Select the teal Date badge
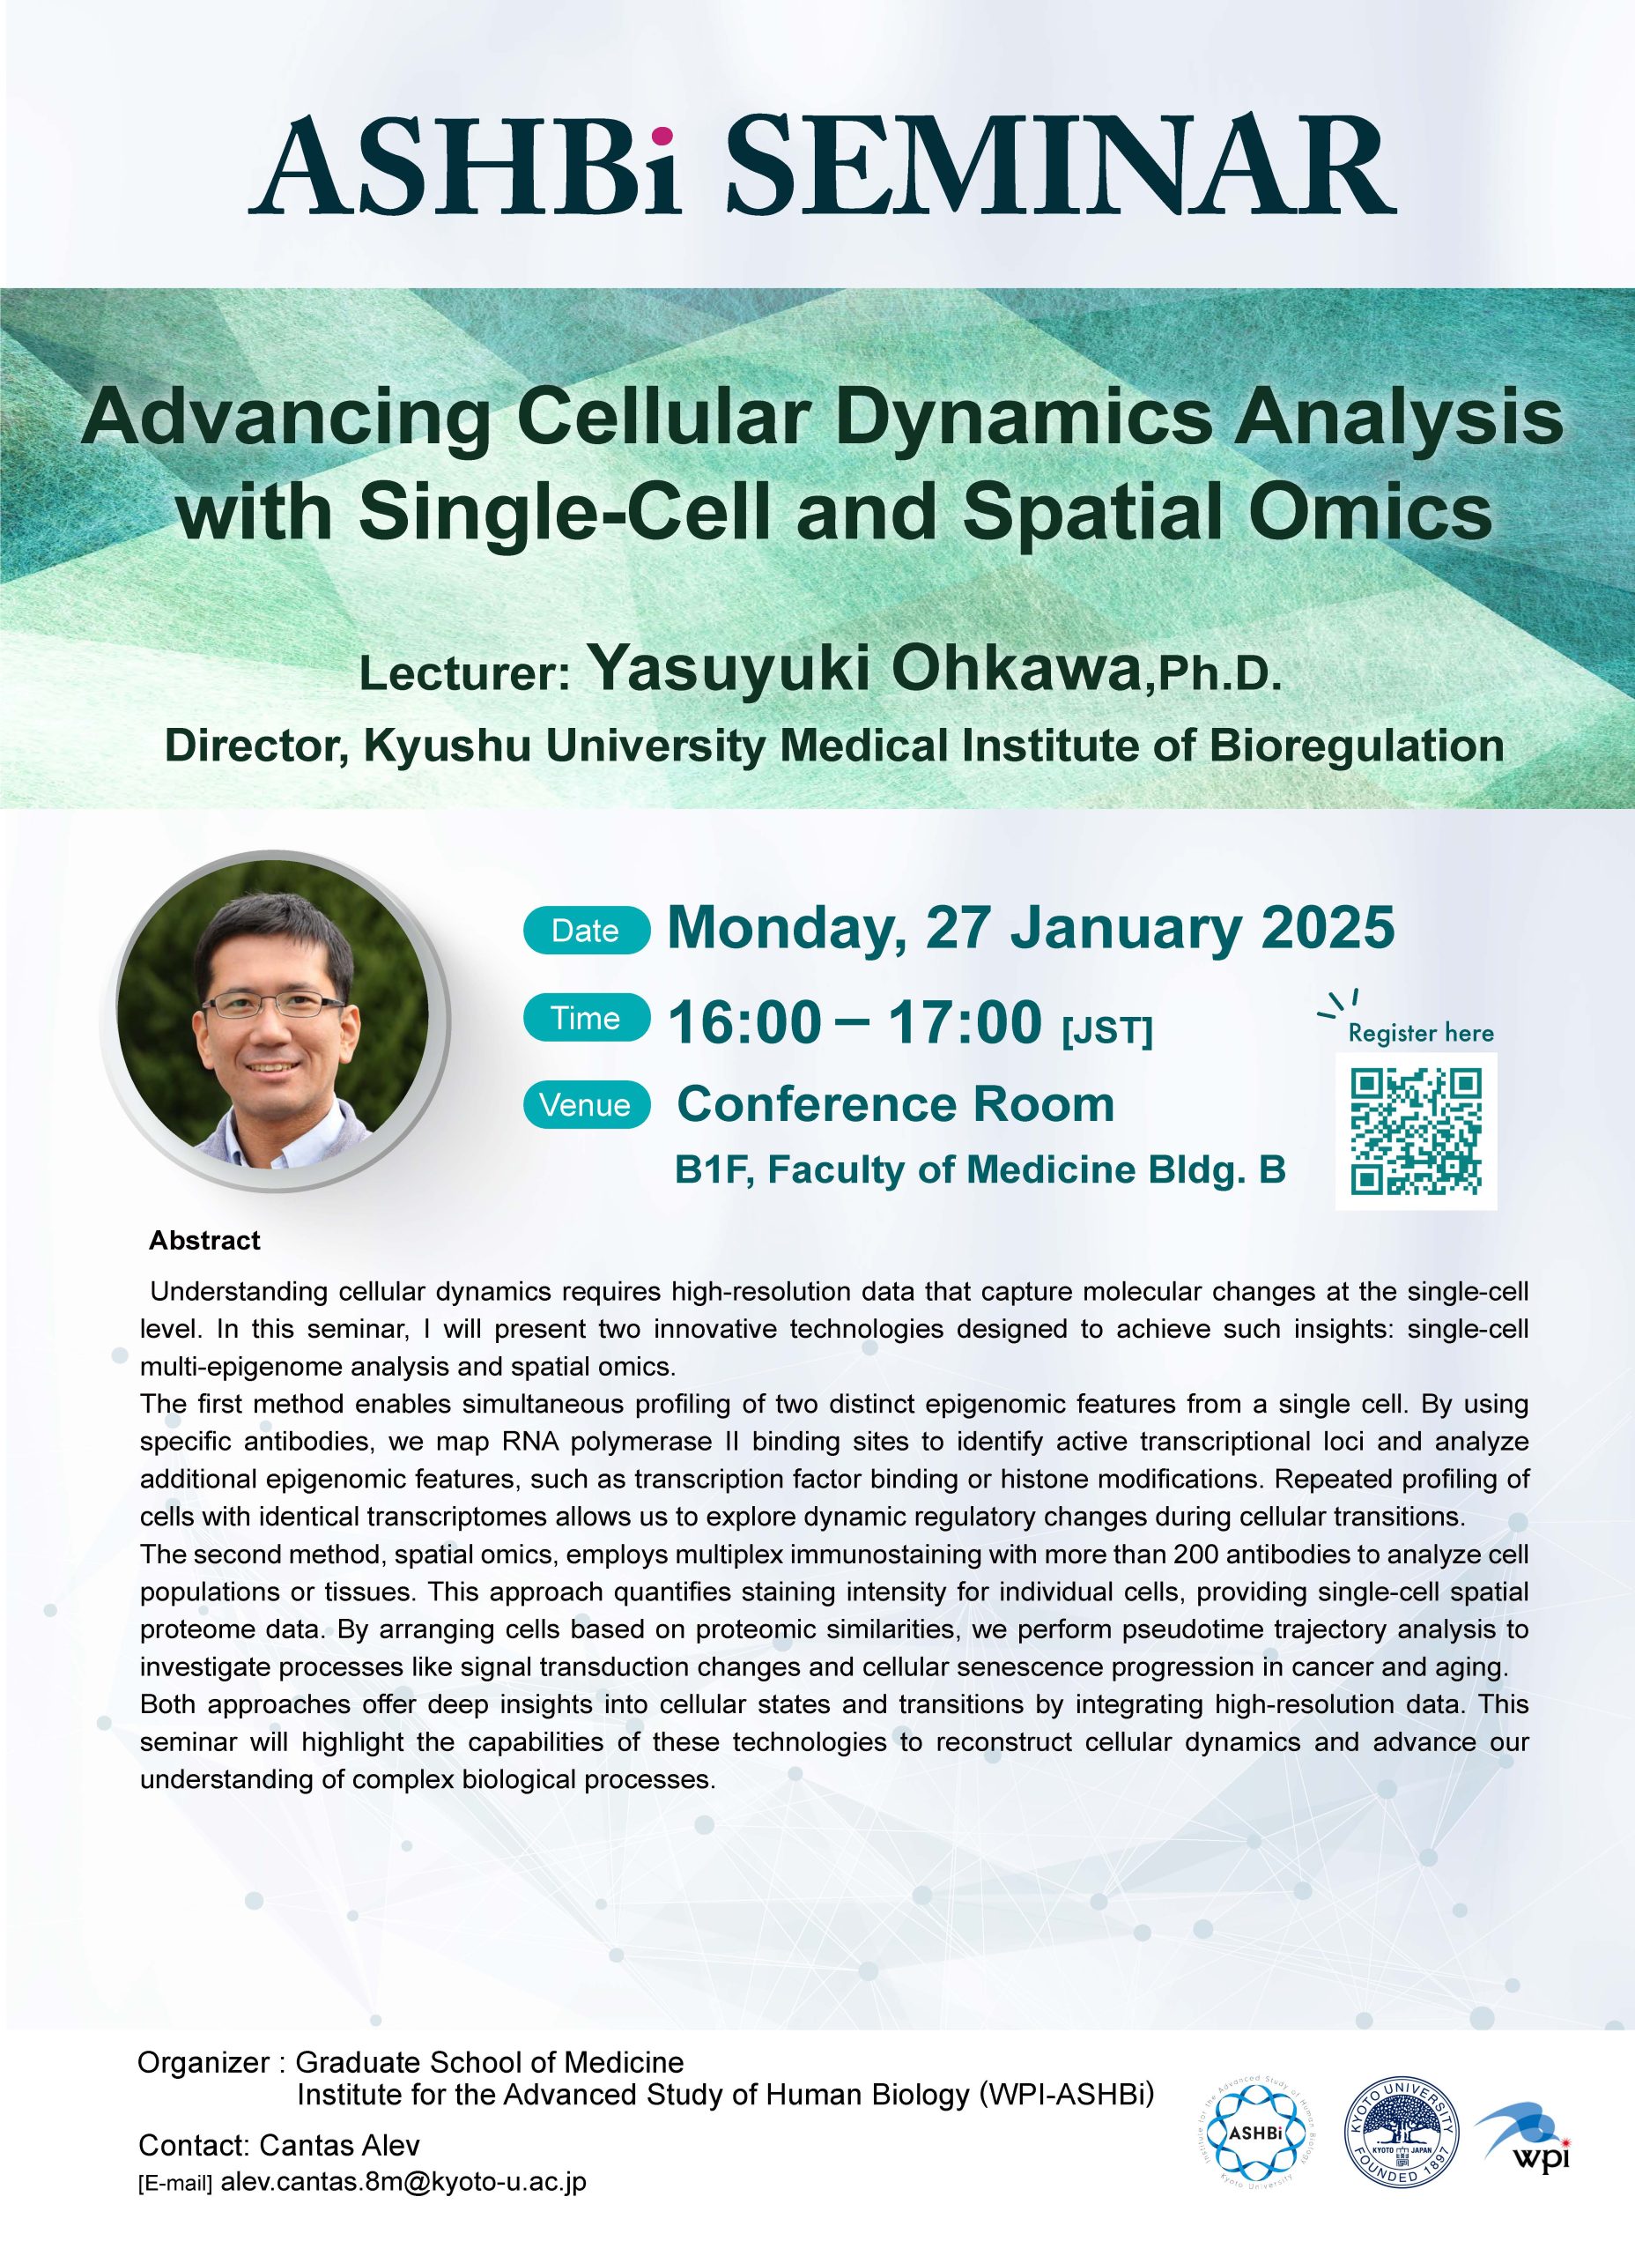point(587,931)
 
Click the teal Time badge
point(587,1018)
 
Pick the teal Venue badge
point(587,1105)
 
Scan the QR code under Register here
point(1416,1131)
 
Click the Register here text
point(1420,1033)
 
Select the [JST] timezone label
point(1107,1030)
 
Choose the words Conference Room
point(895,1104)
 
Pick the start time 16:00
point(745,1022)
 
